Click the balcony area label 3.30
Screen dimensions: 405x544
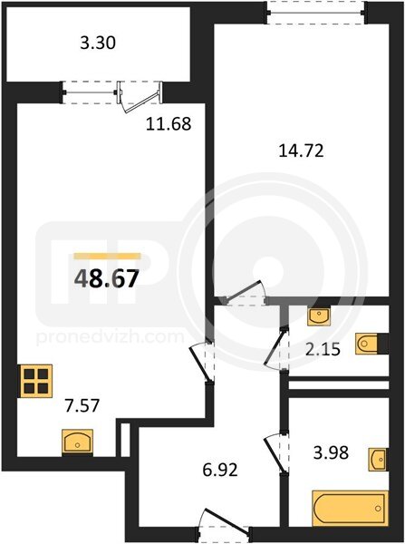point(98,44)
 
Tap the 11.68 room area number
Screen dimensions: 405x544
point(169,123)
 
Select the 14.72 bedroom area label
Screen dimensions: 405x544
point(302,151)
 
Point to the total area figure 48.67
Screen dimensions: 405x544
point(107,279)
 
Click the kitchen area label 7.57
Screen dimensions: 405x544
point(82,405)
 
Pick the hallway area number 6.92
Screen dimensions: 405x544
point(220,470)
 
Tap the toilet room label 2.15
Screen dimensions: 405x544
point(323,349)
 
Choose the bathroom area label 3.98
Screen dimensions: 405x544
point(331,452)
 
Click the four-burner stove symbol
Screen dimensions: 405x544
point(36,381)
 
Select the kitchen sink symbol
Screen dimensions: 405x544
point(77,442)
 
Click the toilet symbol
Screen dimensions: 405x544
point(371,344)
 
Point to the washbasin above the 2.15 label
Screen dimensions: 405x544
point(319,316)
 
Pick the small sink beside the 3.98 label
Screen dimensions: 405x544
point(378,460)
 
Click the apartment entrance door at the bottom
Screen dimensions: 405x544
point(225,523)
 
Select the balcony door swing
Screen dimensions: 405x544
point(140,97)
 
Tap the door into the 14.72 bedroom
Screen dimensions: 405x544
point(246,293)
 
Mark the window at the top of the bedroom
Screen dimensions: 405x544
point(317,14)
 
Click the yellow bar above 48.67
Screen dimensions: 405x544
point(108,256)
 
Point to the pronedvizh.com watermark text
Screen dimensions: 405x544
point(111,337)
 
